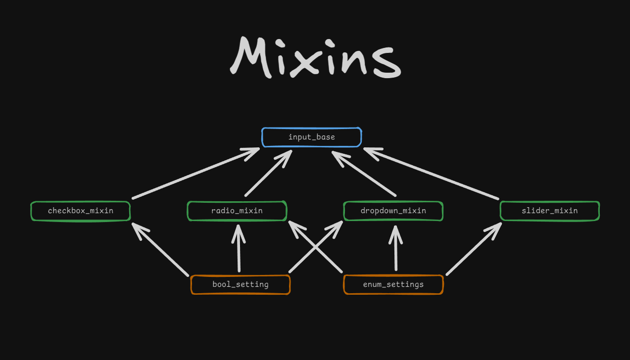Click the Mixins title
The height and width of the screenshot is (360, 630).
(x=315, y=57)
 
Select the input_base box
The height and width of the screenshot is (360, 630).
(x=312, y=137)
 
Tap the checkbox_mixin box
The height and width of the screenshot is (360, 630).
(x=81, y=211)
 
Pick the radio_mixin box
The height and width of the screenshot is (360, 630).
(x=237, y=211)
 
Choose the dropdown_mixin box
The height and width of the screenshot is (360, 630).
(x=393, y=211)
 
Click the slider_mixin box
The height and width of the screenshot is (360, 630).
(x=550, y=211)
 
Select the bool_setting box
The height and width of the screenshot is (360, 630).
(x=241, y=285)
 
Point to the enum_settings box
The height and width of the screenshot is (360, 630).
(x=393, y=285)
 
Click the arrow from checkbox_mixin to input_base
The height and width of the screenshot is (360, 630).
(x=195, y=174)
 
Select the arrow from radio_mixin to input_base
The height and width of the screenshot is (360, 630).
(x=268, y=174)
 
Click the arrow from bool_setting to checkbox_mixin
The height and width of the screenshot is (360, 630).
(x=161, y=250)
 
